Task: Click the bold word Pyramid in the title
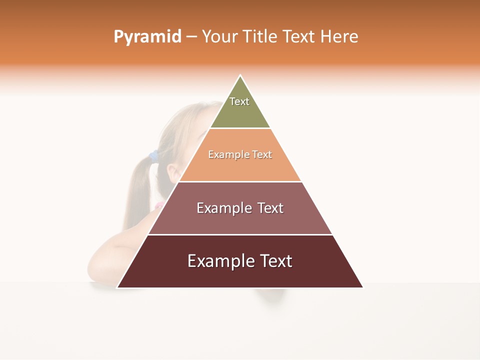[147, 37]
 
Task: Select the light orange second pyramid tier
[240, 167]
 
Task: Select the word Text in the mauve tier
[270, 208]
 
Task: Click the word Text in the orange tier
[262, 155]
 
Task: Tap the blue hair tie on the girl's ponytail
[154, 155]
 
